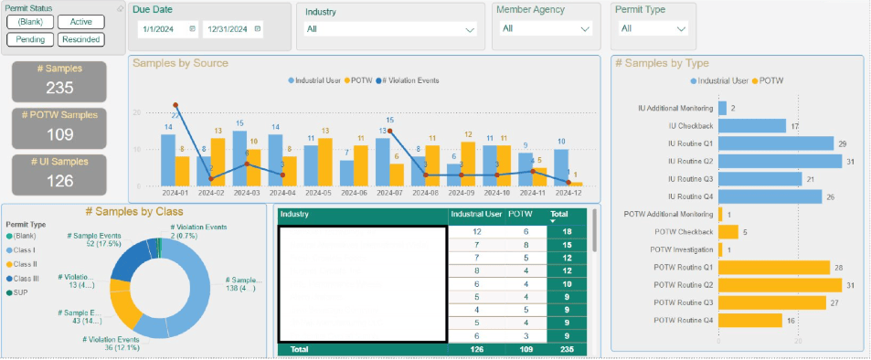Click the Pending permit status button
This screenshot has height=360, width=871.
pyautogui.click(x=29, y=39)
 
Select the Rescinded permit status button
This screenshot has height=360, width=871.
pyautogui.click(x=80, y=39)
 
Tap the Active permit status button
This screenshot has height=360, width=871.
pyautogui.click(x=80, y=21)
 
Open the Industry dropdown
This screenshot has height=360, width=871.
pyautogui.click(x=391, y=29)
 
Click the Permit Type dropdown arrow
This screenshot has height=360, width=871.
pyautogui.click(x=680, y=29)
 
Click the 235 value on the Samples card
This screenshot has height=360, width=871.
pyautogui.click(x=59, y=88)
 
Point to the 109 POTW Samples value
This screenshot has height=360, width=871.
pyautogui.click(x=59, y=133)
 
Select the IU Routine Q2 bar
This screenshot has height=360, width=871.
pyautogui.click(x=780, y=161)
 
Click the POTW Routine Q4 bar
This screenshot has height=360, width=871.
pyautogui.click(x=750, y=320)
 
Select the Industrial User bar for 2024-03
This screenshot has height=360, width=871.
pyautogui.click(x=239, y=158)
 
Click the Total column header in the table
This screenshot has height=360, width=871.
pyautogui.click(x=558, y=215)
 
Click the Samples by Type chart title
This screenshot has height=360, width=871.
pyautogui.click(x=662, y=63)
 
